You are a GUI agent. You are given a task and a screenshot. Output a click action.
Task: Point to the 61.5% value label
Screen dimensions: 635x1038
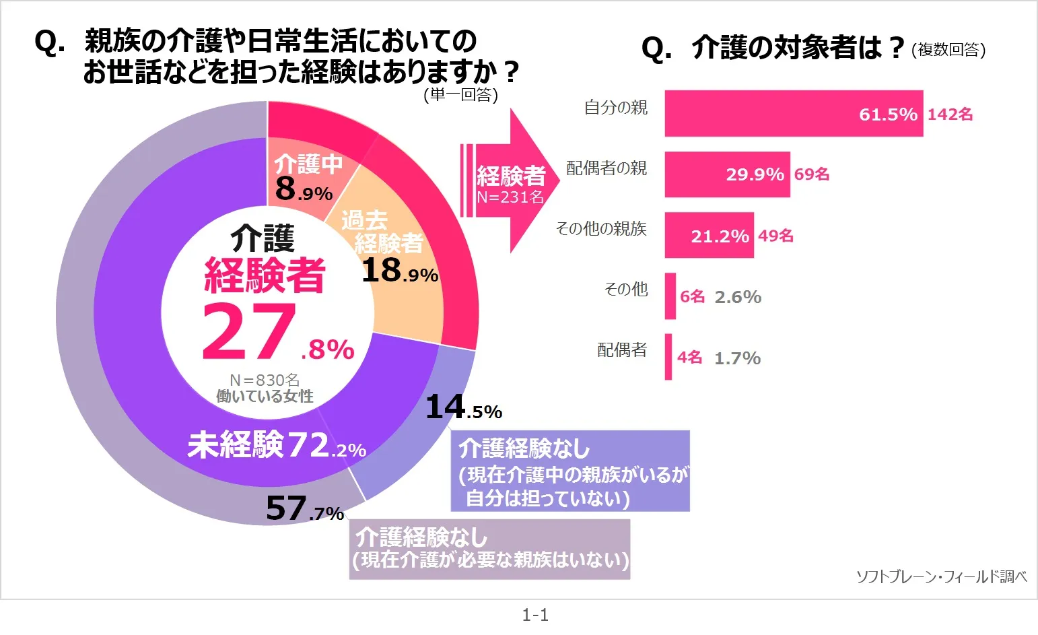point(888,114)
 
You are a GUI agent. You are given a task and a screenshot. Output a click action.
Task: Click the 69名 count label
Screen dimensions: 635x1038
point(812,174)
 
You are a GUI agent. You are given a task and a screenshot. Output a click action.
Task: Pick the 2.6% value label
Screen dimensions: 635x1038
point(738,297)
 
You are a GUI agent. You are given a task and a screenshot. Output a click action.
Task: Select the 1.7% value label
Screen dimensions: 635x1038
point(737,358)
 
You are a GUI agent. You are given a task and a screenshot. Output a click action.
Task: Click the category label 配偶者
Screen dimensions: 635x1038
point(622,350)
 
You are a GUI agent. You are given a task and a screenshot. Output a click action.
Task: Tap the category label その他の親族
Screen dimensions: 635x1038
point(601,229)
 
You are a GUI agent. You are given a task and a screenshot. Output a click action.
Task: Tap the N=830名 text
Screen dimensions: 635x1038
point(265,380)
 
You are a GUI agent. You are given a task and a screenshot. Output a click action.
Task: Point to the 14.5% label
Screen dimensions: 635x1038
point(464,407)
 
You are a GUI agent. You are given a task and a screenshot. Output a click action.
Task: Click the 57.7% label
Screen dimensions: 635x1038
point(305,509)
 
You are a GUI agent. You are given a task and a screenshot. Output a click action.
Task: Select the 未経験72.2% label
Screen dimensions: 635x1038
point(277,446)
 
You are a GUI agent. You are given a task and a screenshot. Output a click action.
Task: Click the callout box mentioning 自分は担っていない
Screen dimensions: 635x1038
point(570,471)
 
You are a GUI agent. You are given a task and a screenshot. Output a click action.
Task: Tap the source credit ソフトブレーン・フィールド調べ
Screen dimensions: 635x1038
point(941,576)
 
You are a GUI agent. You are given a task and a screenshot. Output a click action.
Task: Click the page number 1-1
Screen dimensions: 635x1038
point(535,615)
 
